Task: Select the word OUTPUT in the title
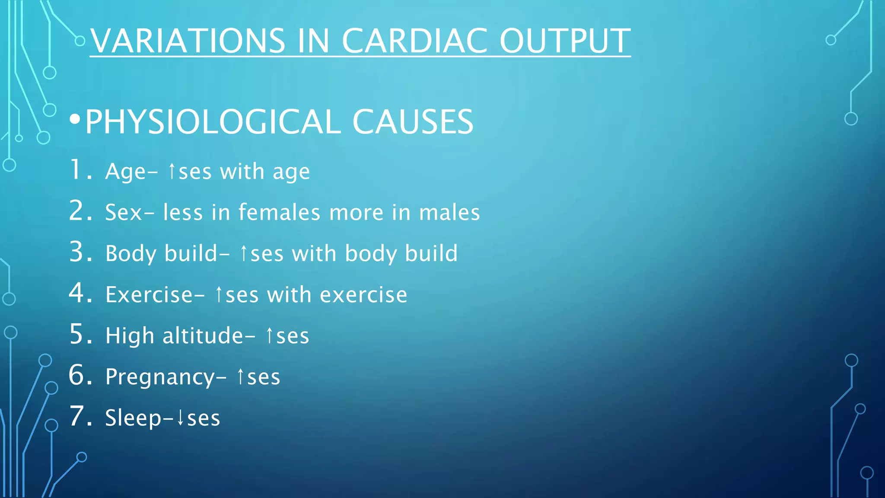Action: click(x=565, y=41)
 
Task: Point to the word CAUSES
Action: click(x=413, y=122)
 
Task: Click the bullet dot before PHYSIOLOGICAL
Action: click(x=75, y=120)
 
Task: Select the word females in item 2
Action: click(x=279, y=212)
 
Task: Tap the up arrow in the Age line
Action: click(x=172, y=171)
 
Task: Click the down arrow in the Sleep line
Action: click(x=181, y=418)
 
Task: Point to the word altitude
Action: click(x=203, y=336)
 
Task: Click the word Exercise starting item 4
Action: click(x=149, y=295)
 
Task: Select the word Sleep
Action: click(x=133, y=418)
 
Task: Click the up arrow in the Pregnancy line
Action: click(x=241, y=377)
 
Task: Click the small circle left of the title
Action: click(x=80, y=41)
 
